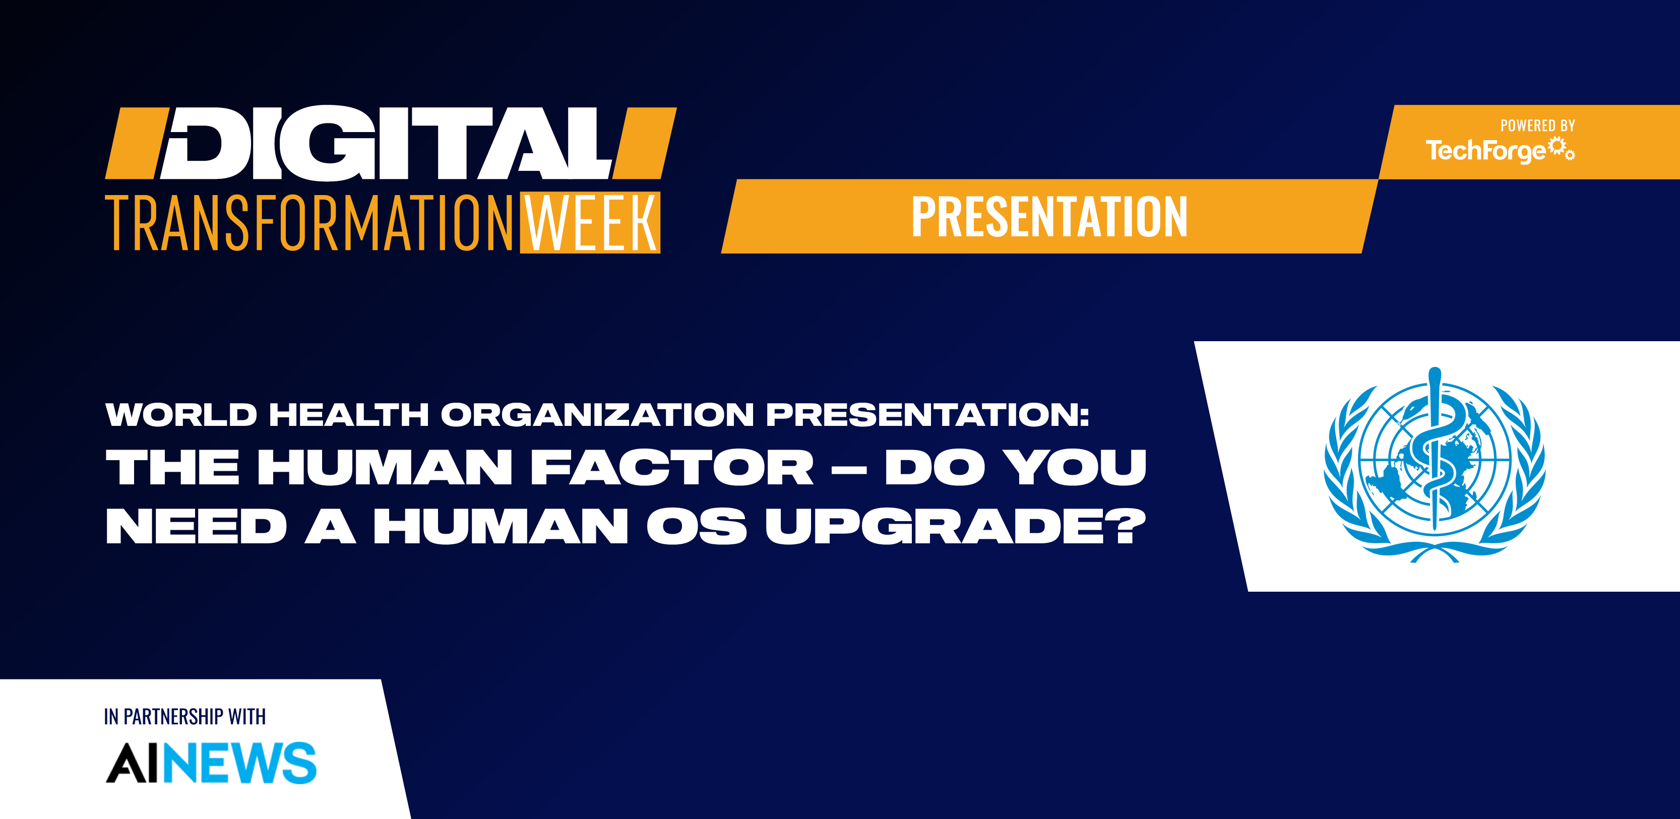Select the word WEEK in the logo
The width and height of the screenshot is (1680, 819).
591,223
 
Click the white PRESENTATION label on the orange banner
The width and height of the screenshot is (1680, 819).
1049,217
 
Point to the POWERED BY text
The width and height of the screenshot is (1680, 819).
1537,126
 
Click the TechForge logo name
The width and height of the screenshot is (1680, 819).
1485,151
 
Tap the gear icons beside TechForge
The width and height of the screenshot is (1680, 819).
1562,149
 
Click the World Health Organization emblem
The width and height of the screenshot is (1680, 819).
1434,464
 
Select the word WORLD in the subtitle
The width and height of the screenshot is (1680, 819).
181,415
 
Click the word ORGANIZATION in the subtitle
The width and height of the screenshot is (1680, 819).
597,415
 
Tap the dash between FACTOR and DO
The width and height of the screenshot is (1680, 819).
849,468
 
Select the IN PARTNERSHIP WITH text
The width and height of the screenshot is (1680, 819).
184,717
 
